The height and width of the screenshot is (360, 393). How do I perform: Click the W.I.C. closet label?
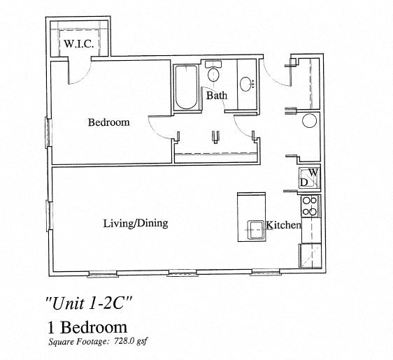79,44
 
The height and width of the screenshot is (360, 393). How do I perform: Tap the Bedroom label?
109,122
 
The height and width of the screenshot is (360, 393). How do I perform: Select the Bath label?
217,96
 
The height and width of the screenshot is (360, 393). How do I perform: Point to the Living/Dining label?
136,224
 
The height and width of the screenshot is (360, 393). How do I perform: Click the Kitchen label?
283,225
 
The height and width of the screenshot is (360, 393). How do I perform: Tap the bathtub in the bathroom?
186,87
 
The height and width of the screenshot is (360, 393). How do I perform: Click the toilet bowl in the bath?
213,74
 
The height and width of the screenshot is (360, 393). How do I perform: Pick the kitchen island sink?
255,230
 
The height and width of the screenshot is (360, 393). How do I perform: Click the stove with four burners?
310,206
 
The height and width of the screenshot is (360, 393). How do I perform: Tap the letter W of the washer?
314,173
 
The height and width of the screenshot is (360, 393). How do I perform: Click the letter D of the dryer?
304,182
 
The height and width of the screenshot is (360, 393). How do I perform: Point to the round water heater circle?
310,121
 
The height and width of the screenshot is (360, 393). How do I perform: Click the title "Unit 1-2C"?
89,303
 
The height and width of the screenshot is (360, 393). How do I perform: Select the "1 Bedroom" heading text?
87,327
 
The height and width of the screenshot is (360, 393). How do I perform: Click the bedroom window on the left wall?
48,132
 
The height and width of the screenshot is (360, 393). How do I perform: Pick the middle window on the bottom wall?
183,273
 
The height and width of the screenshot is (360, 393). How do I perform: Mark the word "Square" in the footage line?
62,342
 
